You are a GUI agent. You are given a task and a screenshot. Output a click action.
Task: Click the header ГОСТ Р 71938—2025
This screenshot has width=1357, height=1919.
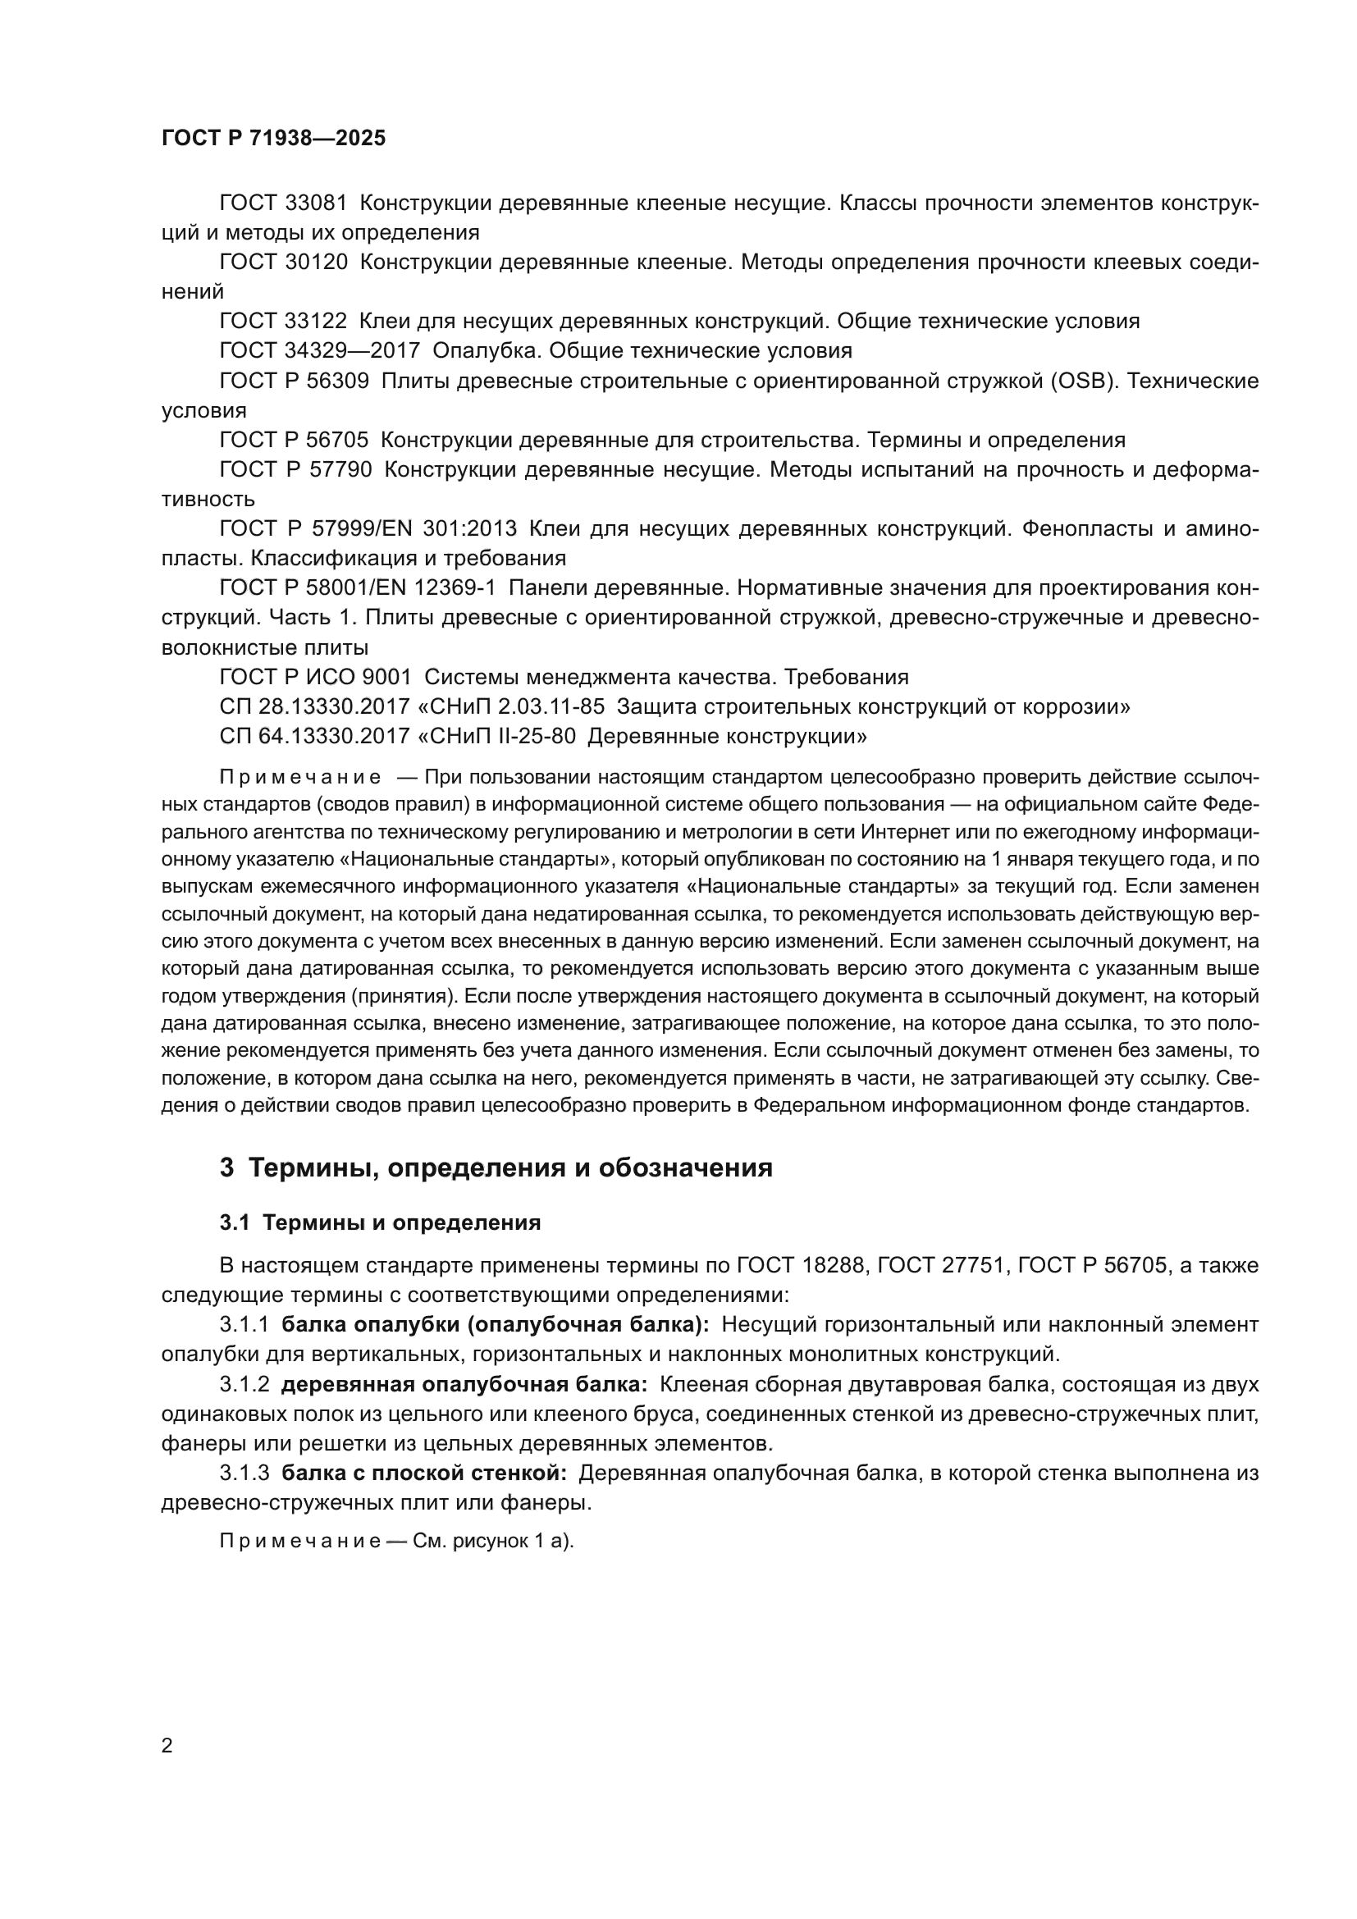click(273, 139)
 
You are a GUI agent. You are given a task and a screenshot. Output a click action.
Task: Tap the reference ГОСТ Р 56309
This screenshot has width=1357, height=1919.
click(295, 382)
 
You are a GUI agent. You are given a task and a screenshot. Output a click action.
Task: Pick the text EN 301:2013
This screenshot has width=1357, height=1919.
click(463, 528)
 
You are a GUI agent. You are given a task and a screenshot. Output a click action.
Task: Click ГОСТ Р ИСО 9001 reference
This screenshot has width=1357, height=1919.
click(316, 676)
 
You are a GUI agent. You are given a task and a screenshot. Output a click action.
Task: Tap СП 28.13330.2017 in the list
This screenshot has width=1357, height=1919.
click(314, 706)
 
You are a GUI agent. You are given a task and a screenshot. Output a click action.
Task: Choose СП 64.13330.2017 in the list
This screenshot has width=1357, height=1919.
click(314, 736)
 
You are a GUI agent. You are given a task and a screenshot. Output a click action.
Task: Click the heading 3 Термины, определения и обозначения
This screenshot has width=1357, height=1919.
click(496, 1167)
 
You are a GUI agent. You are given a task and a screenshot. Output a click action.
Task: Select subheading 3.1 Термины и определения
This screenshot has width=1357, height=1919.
click(380, 1222)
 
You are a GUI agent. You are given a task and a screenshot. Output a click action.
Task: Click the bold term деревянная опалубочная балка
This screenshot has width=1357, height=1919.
click(464, 1385)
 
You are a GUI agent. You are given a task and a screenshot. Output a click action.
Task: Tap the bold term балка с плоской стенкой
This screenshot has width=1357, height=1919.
click(424, 1474)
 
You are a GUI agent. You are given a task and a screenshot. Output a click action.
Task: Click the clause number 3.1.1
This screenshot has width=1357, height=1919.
click(244, 1325)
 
